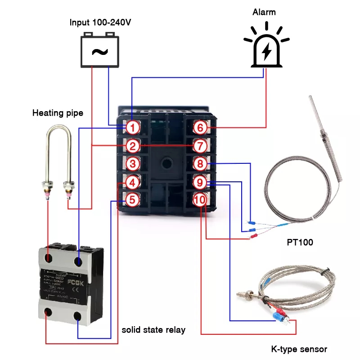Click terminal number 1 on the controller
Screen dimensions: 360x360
pyautogui.click(x=131, y=128)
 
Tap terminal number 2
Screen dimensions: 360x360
pyautogui.click(x=131, y=146)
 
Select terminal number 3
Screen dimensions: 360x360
pyautogui.click(x=131, y=164)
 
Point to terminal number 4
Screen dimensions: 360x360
pyautogui.click(x=131, y=182)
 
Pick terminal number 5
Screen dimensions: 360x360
pyautogui.click(x=131, y=200)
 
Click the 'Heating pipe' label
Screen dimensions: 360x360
pyautogui.click(x=58, y=112)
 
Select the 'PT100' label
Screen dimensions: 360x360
pyautogui.click(x=300, y=243)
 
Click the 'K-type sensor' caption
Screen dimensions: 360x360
pyautogui.click(x=299, y=349)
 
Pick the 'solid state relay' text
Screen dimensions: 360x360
pyautogui.click(x=153, y=330)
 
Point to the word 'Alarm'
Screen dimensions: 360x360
pyautogui.click(x=266, y=12)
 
